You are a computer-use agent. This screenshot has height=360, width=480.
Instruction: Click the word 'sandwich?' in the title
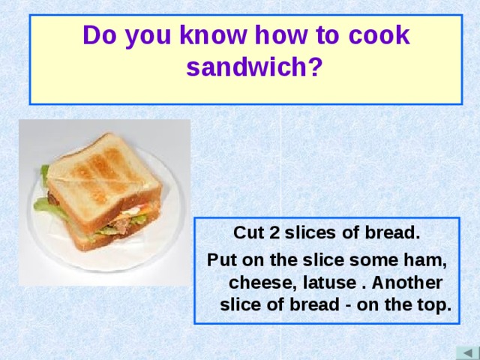(254, 68)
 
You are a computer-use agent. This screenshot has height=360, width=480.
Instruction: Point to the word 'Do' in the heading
(99, 35)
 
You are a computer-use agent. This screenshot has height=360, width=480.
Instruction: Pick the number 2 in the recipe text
(275, 232)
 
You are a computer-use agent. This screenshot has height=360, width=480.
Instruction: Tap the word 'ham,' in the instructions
(427, 259)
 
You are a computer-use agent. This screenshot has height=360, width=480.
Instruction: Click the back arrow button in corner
(466, 352)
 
